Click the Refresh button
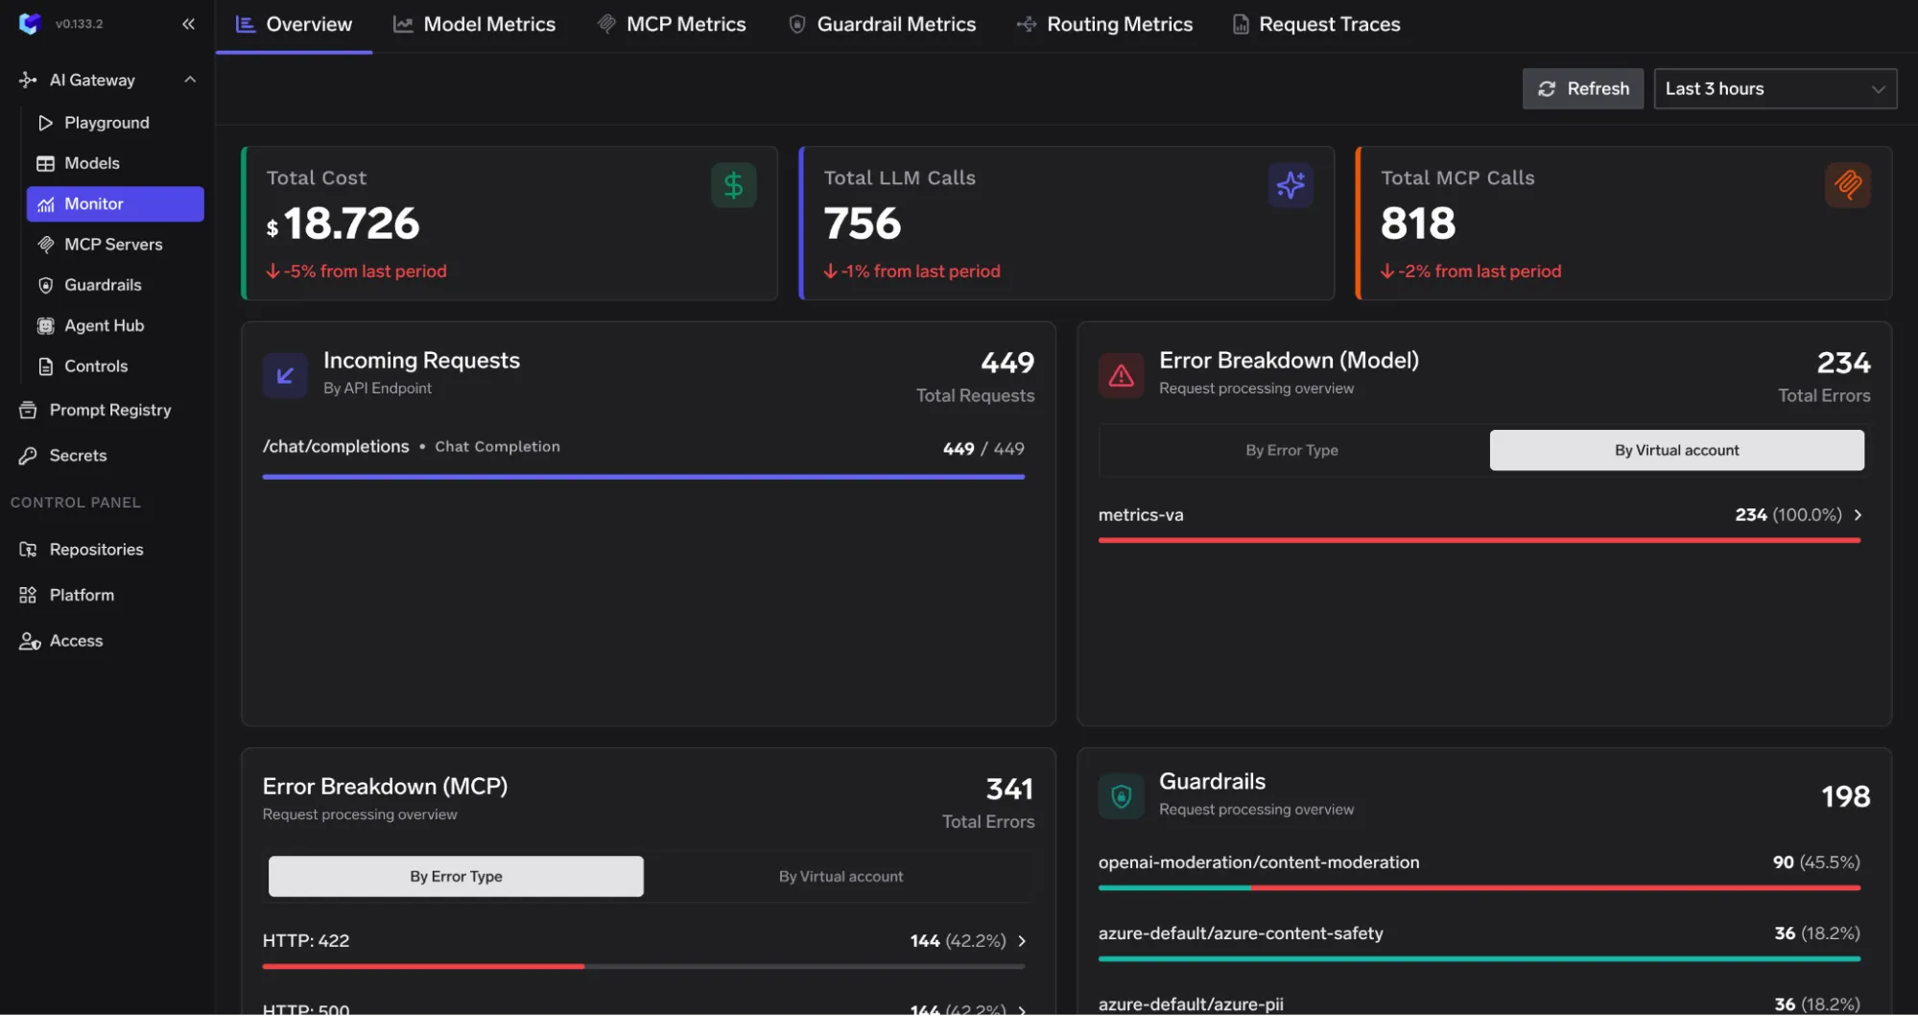pos(1582,88)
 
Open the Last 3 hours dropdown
pos(1774,88)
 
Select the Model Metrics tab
pos(474,24)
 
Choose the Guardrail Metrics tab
pos(882,24)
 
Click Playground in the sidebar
pos(107,123)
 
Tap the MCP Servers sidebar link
pos(113,245)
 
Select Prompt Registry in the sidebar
pos(109,410)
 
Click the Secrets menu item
pos(78,456)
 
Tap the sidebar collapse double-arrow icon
pos(188,24)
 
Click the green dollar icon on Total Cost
pos(733,185)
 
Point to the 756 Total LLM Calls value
pos(862,224)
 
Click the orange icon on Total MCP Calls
pos(1847,184)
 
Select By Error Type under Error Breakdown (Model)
pos(1291,450)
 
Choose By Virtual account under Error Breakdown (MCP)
pos(841,876)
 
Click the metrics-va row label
pos(1141,515)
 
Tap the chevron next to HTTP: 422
pos(1022,941)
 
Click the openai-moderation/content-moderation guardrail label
pos(1258,862)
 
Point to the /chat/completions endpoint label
pos(336,447)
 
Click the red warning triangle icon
pos(1121,376)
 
